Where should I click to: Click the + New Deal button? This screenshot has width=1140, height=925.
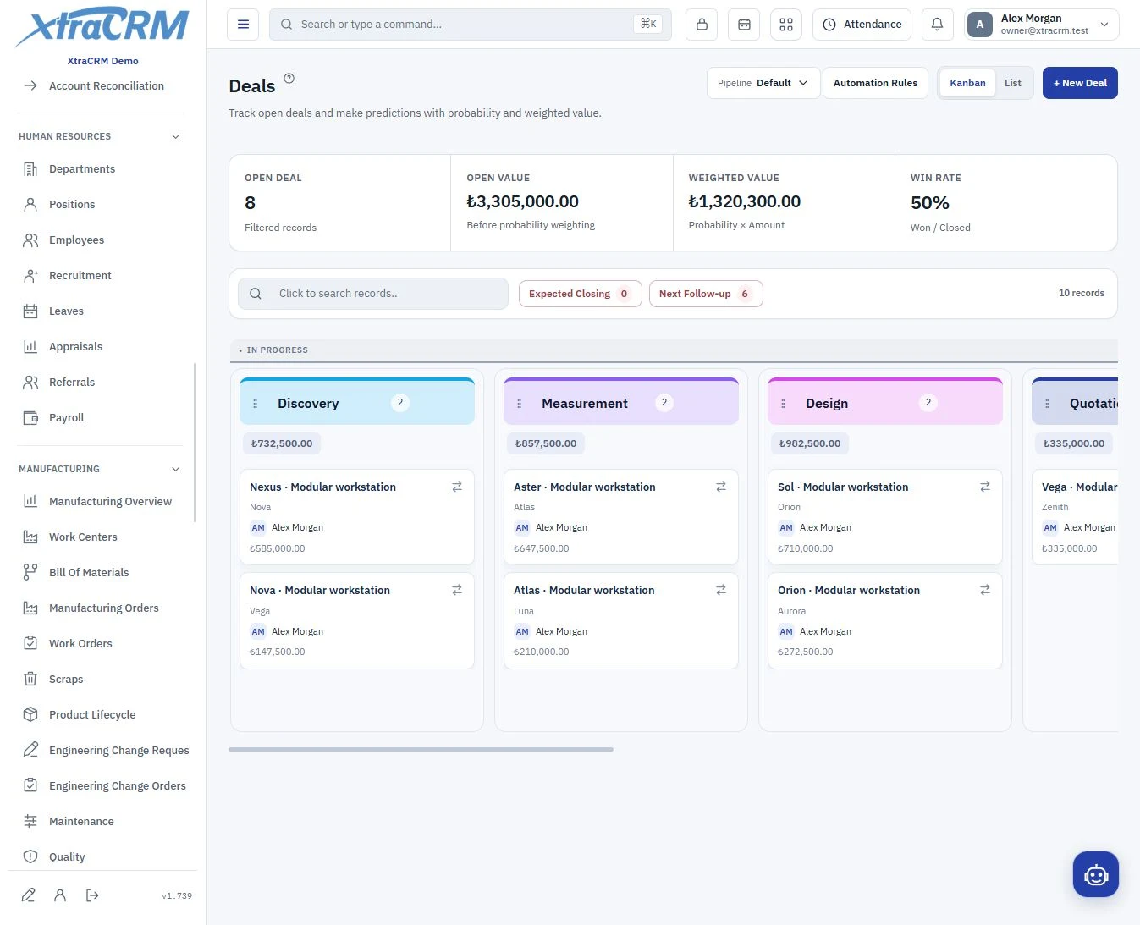[1080, 83]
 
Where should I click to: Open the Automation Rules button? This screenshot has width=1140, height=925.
[875, 83]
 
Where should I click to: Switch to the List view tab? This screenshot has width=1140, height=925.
[1012, 83]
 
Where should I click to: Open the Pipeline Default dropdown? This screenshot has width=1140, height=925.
[763, 83]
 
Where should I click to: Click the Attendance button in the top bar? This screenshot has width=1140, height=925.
[862, 24]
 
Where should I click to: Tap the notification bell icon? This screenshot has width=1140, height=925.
[937, 24]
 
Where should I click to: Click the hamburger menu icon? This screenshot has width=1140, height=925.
[243, 24]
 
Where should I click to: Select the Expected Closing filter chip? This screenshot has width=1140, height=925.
[581, 294]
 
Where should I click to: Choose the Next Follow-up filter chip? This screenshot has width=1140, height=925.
[706, 294]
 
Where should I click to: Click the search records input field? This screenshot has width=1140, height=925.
[373, 293]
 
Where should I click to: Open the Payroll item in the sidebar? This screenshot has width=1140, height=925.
[66, 418]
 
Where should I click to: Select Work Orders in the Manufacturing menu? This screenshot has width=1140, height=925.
[80, 643]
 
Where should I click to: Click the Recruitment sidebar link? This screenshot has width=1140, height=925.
[80, 276]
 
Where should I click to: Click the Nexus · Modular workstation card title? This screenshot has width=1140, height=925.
[322, 487]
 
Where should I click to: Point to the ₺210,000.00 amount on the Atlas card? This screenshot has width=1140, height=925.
[541, 652]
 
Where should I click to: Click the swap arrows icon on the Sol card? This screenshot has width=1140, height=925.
[985, 487]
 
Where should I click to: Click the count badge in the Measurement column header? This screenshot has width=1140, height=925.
[664, 402]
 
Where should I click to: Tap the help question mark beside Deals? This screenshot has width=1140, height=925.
[289, 79]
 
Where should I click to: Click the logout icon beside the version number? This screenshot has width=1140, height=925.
[92, 895]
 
